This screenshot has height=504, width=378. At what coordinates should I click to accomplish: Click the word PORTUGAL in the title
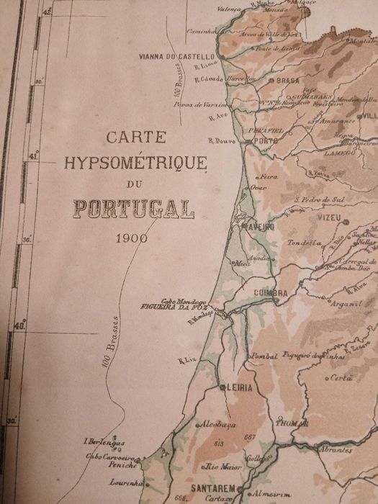tap(132, 210)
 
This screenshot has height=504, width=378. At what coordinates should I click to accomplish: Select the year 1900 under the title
tap(131, 238)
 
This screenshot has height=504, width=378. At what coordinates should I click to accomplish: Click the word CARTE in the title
tap(136, 136)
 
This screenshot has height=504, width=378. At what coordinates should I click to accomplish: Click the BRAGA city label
tap(287, 81)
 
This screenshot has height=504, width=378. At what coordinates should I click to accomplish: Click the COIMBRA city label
tap(270, 293)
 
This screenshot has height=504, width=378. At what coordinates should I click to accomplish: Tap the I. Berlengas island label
tap(104, 442)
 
